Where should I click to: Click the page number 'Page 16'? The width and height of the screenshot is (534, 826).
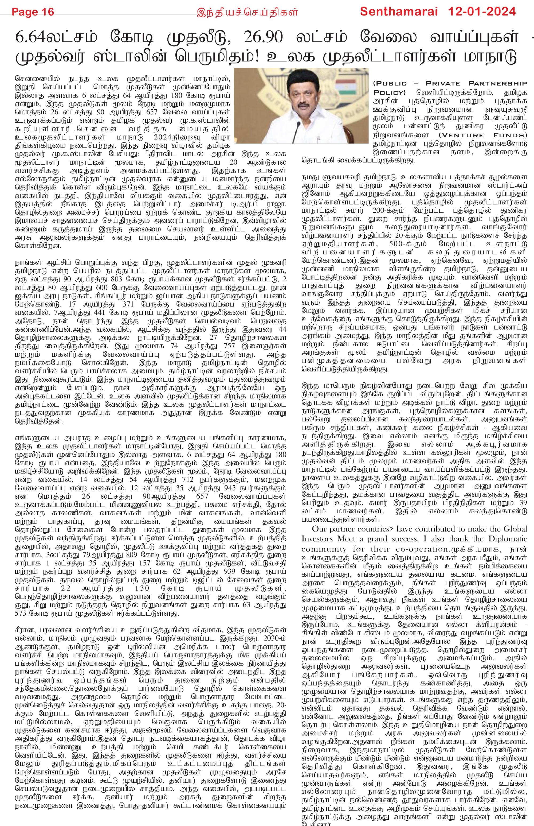coord(33,12)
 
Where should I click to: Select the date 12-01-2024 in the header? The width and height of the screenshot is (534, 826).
coord(482,12)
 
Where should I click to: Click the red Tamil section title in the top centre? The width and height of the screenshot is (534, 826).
coord(247,13)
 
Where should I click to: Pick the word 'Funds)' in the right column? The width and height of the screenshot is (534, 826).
coord(510,135)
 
